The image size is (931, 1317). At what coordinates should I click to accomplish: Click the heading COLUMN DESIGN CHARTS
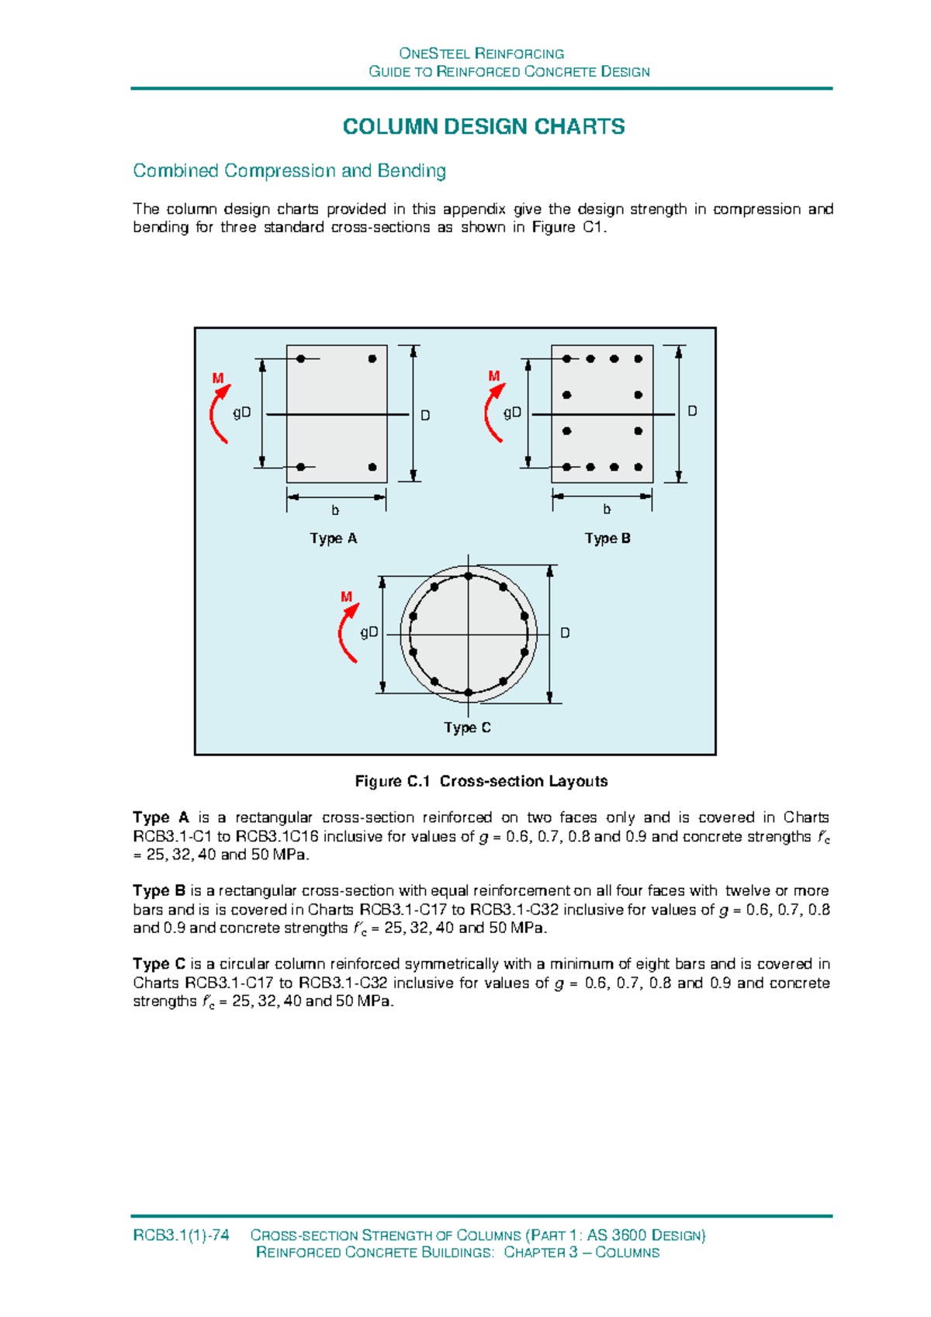(x=483, y=127)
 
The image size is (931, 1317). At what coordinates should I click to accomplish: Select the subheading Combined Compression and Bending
(x=289, y=171)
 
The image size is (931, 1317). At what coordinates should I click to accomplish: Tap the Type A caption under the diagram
(x=334, y=538)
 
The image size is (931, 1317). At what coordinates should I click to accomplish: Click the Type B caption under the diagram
(x=607, y=538)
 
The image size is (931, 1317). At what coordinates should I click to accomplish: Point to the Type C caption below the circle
(x=467, y=728)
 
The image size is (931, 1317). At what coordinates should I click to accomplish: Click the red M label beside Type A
(x=218, y=379)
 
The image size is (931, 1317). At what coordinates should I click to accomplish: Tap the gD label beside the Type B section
(x=512, y=413)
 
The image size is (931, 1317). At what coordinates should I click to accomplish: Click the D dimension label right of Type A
(x=425, y=416)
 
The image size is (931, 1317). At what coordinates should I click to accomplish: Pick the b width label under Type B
(x=607, y=510)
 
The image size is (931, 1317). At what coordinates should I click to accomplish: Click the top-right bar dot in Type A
(x=372, y=359)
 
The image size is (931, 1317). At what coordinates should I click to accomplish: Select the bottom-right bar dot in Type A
(x=372, y=467)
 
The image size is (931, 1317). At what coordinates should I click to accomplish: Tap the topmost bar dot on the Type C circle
(x=469, y=576)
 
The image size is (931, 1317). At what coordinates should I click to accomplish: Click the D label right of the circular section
(x=565, y=633)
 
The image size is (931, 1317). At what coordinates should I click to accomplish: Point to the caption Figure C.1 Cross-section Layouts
(x=481, y=781)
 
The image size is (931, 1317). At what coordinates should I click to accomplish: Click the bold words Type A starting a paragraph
(x=161, y=818)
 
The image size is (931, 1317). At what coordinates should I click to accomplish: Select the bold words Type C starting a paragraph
(x=159, y=964)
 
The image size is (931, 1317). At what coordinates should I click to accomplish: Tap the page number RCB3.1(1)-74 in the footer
(x=181, y=1236)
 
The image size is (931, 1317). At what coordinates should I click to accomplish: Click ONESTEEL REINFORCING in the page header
(x=481, y=54)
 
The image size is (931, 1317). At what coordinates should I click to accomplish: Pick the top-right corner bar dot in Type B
(x=639, y=359)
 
